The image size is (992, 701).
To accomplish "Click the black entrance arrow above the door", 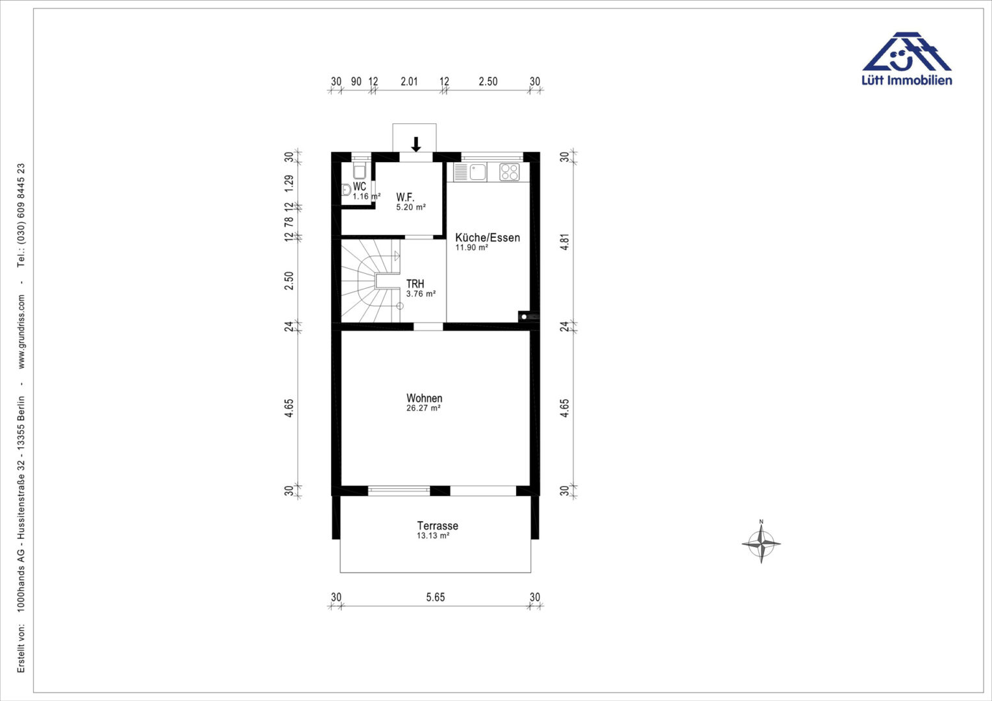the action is [x=416, y=144].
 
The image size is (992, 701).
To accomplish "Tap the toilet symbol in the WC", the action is [x=360, y=171].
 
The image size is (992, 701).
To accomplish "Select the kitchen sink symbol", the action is [x=470, y=172].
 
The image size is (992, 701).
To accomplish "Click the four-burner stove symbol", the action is [x=509, y=172].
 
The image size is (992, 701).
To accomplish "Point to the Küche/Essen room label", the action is [x=488, y=238].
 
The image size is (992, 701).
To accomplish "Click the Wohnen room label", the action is [x=424, y=398].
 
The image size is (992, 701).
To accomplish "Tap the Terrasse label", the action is [x=438, y=526].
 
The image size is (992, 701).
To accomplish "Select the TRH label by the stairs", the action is [x=415, y=284].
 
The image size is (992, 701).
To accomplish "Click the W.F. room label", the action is [x=405, y=197].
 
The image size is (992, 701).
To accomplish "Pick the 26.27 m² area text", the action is [x=423, y=408].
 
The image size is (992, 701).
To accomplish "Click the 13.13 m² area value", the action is [x=433, y=535].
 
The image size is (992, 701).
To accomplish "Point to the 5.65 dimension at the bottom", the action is [x=436, y=597].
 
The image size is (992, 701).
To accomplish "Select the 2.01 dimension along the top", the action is [x=409, y=82].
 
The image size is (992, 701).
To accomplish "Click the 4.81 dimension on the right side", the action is [x=564, y=242].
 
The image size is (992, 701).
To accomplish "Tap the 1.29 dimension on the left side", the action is [x=289, y=183].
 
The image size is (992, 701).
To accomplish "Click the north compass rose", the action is [x=762, y=543].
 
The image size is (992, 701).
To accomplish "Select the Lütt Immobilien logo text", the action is [x=906, y=80].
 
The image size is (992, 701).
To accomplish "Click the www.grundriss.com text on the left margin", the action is [x=21, y=332].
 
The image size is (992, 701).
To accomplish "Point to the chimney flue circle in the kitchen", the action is [x=524, y=317].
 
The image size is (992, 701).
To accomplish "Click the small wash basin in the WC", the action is [x=346, y=190].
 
